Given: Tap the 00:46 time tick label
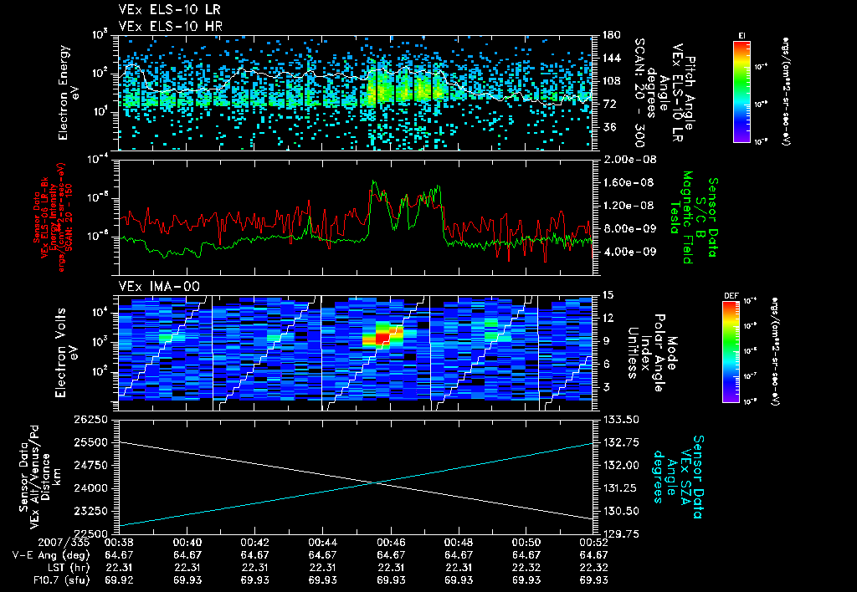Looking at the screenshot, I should click(391, 541).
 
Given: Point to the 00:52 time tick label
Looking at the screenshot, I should click(593, 541).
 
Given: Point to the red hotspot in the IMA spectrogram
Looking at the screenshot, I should click(382, 336).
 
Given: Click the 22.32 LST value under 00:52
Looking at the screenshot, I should click(593, 566).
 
